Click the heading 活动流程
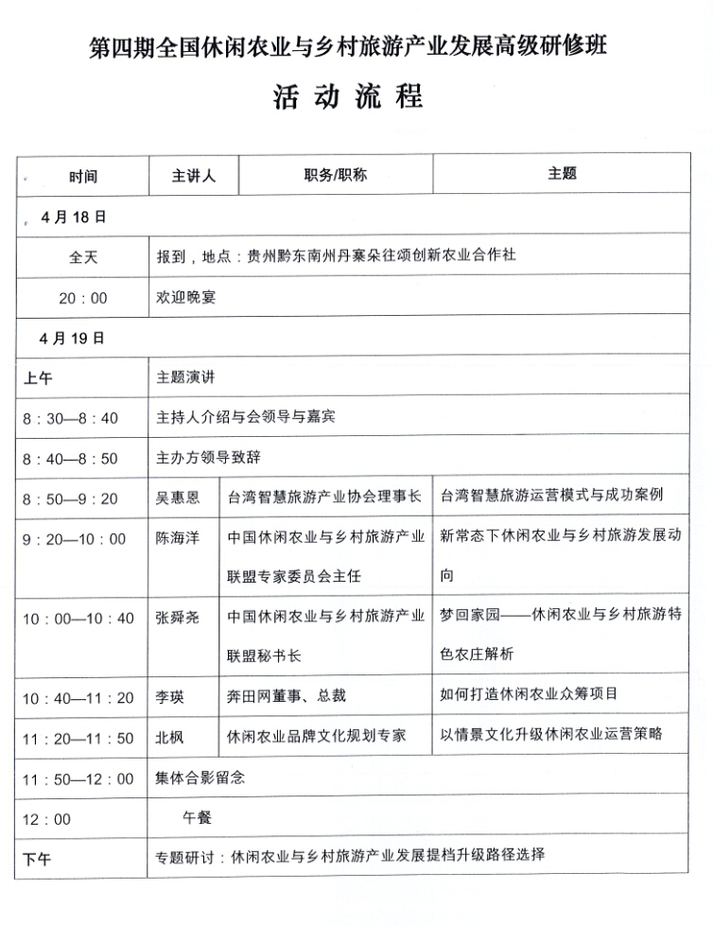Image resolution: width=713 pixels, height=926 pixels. pyautogui.click(x=348, y=96)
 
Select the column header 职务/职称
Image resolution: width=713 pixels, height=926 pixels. pyautogui.click(x=335, y=175)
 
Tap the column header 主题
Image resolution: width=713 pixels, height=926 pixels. pyautogui.click(x=562, y=174)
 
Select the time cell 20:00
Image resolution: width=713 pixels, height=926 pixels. pyautogui.click(x=83, y=298)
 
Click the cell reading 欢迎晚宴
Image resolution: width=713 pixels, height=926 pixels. pyautogui.click(x=186, y=297)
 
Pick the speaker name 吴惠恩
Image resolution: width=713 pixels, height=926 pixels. pyautogui.click(x=177, y=498)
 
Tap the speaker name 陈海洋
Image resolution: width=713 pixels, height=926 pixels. pyautogui.click(x=178, y=538)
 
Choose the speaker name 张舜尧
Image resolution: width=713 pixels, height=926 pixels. pyautogui.click(x=178, y=619)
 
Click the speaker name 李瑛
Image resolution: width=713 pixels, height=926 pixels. pyautogui.click(x=171, y=698)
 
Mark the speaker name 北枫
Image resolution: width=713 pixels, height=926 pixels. pyautogui.click(x=171, y=738)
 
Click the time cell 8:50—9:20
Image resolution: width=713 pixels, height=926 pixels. pyautogui.click(x=70, y=498)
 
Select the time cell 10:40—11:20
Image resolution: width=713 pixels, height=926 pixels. pyautogui.click(x=78, y=699)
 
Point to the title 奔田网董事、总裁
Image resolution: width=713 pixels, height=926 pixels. pyautogui.click(x=287, y=696)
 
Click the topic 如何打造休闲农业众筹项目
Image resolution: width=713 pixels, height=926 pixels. pyautogui.click(x=530, y=694)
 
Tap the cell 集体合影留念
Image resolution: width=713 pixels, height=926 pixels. pyautogui.click(x=200, y=777)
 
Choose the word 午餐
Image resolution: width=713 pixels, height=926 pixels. pyautogui.click(x=198, y=816)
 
